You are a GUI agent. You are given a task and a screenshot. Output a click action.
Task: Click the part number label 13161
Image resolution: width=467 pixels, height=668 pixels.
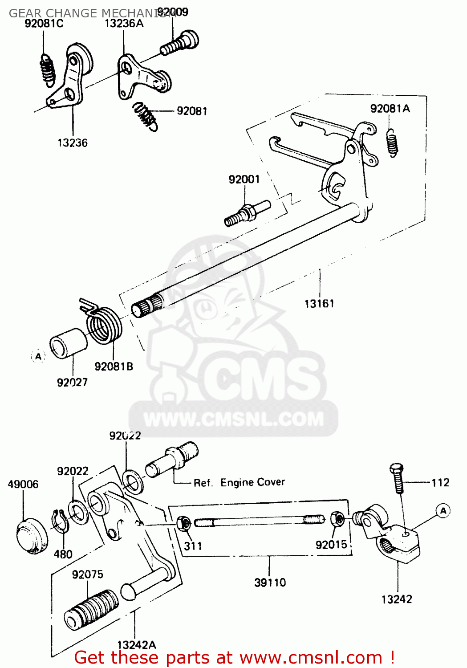point(319,304)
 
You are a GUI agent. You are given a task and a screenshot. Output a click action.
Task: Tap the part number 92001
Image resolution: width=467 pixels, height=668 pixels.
point(244,179)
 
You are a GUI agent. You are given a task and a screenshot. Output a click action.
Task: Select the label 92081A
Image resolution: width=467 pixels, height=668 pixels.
point(390,109)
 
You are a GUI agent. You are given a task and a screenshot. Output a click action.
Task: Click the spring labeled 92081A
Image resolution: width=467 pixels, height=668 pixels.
point(392,143)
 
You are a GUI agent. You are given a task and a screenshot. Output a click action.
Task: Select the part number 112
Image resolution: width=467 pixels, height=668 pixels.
point(440,483)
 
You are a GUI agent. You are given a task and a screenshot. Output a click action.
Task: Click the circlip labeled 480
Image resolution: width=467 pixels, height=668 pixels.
point(60,521)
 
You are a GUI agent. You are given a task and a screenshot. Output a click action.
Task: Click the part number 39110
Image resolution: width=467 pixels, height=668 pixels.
point(270,582)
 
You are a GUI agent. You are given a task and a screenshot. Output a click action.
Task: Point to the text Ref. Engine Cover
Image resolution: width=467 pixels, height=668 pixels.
point(239,483)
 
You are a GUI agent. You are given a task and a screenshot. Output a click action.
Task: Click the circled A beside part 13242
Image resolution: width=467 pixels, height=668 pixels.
point(443,511)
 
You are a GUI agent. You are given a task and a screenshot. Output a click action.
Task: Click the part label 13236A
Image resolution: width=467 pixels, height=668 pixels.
point(124,24)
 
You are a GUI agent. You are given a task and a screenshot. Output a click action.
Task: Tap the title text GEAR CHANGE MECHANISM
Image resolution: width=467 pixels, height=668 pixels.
point(89,13)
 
